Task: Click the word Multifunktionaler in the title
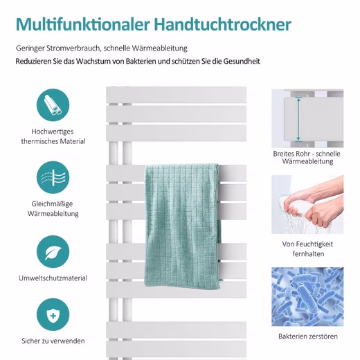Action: click(x=83, y=24)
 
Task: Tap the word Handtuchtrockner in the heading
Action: click(x=223, y=24)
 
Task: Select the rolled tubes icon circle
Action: click(x=53, y=105)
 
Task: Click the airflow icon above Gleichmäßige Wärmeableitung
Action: click(x=53, y=177)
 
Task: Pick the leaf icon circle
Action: click(x=53, y=251)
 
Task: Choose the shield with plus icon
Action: click(x=53, y=314)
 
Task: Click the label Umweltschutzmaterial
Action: click(x=53, y=278)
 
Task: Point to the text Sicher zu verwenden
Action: click(x=53, y=341)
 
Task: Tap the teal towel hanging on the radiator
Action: click(x=183, y=226)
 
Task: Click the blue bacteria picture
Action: click(x=307, y=297)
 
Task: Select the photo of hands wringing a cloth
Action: click(x=307, y=204)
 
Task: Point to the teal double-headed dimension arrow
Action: click(x=298, y=119)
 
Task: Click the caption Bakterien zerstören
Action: click(x=308, y=336)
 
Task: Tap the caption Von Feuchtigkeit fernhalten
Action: click(x=307, y=249)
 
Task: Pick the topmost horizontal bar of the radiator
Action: click(x=177, y=95)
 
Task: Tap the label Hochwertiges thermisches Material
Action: click(x=53, y=136)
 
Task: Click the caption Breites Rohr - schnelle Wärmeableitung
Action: click(x=307, y=157)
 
